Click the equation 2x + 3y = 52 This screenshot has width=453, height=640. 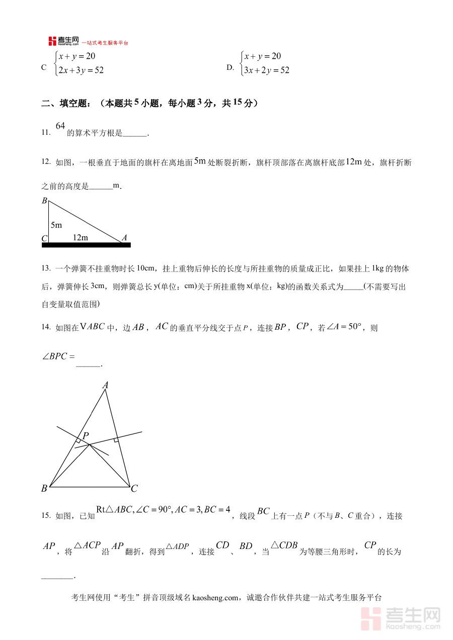pyautogui.click(x=81, y=70)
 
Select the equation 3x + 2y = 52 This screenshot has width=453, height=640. pyautogui.click(x=266, y=70)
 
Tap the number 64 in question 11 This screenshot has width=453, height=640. pyautogui.click(x=60, y=126)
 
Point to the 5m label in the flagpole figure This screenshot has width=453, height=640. pyautogui.click(x=56, y=225)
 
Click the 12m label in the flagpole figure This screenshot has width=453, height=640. pyautogui.click(x=81, y=237)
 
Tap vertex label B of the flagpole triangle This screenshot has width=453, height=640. pyautogui.click(x=44, y=201)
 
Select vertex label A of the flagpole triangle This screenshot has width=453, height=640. pyautogui.click(x=124, y=238)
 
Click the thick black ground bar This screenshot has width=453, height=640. pyautogui.click(x=86, y=245)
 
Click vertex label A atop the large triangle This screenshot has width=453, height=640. pyautogui.click(x=106, y=385)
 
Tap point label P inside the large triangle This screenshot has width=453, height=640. pyautogui.click(x=86, y=435)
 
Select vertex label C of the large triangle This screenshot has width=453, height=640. pyautogui.click(x=134, y=488)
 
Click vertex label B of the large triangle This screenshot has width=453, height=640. pyautogui.click(x=44, y=488)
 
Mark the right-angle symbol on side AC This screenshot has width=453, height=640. pyautogui.click(x=116, y=440)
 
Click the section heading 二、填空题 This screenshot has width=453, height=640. pyautogui.click(x=66, y=104)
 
